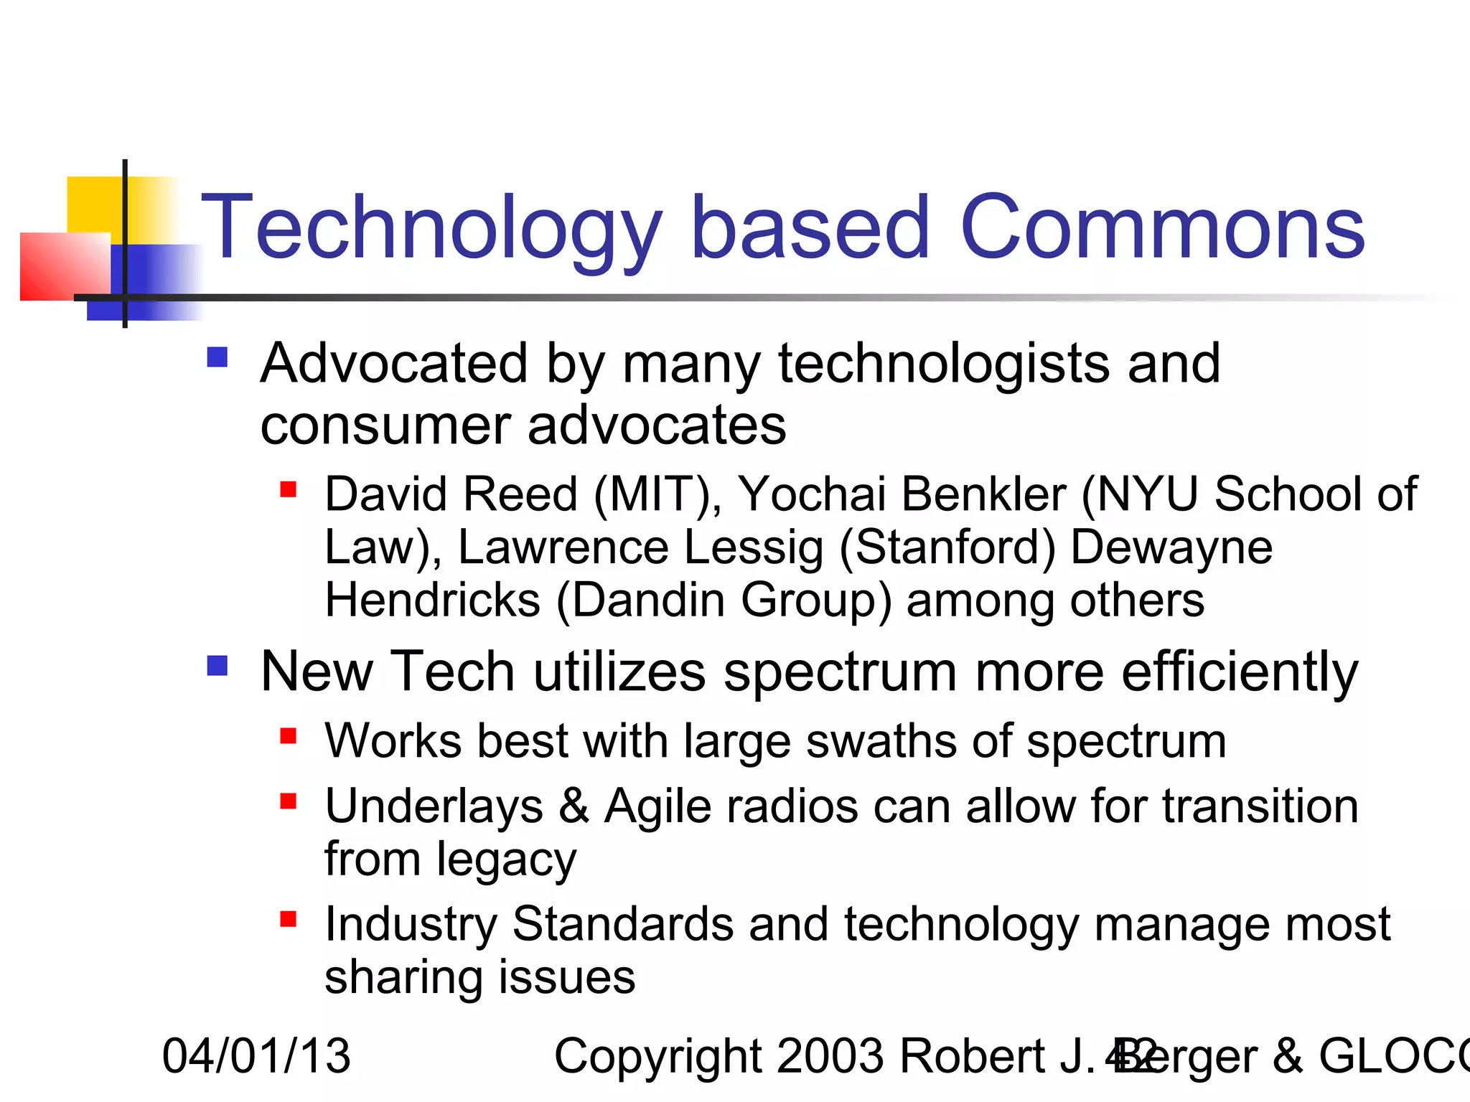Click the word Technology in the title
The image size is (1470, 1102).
point(431,228)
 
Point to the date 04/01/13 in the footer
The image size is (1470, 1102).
point(256,1056)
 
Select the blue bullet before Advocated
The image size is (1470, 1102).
point(217,357)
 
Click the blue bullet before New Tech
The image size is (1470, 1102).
point(217,666)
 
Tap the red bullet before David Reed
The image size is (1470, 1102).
point(289,490)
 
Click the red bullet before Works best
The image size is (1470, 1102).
point(289,736)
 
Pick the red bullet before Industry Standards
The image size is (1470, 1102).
point(289,919)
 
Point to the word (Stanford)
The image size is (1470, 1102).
point(947,548)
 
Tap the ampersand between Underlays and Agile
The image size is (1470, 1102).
point(574,806)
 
